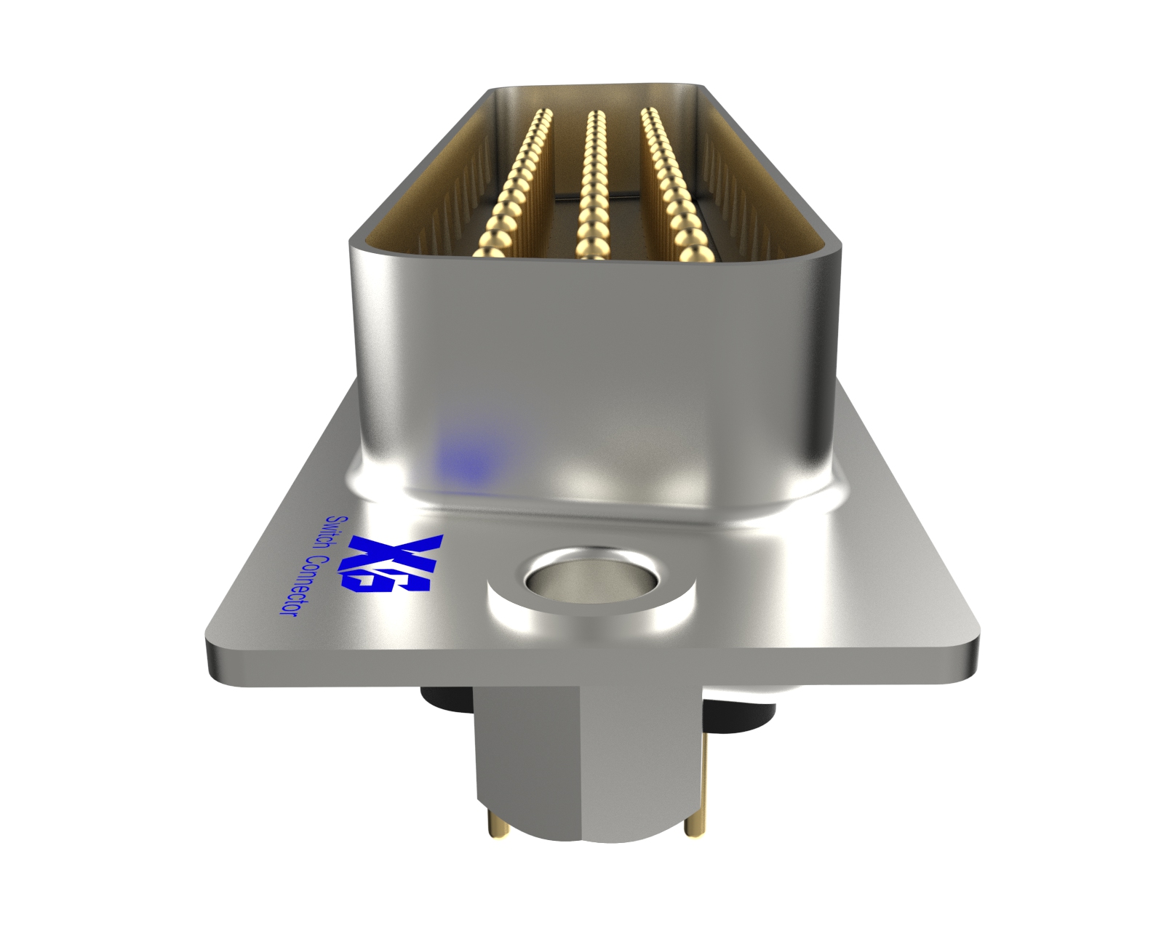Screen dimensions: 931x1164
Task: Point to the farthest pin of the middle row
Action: coord(595,116)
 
